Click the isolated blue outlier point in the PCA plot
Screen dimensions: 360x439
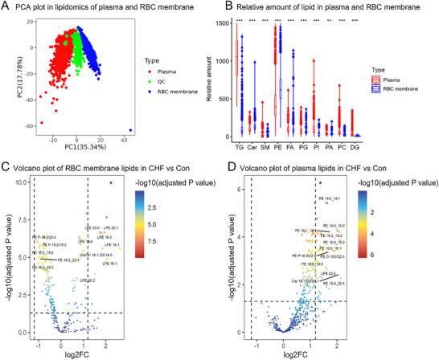131,130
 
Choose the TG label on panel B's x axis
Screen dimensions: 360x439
240,148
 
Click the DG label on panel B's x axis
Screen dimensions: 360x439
355,148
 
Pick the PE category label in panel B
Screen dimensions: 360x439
278,148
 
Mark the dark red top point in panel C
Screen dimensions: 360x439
111,183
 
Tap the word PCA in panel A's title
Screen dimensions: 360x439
31,6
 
